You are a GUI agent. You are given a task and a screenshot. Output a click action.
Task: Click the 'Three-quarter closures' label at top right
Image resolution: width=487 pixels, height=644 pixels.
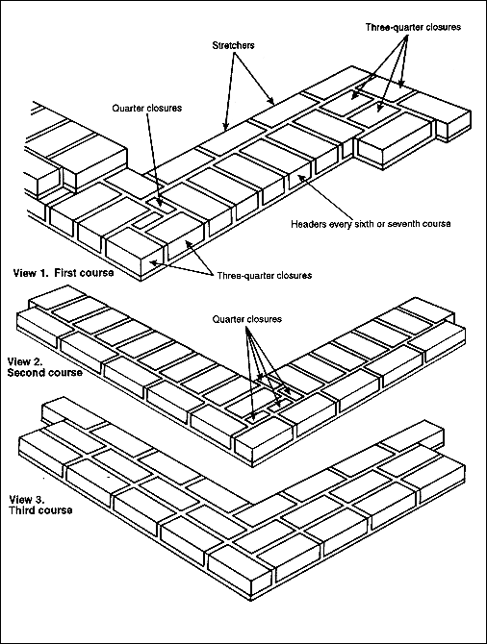pos(414,28)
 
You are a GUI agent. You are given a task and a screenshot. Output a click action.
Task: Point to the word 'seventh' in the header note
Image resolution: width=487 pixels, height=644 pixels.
pos(412,224)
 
